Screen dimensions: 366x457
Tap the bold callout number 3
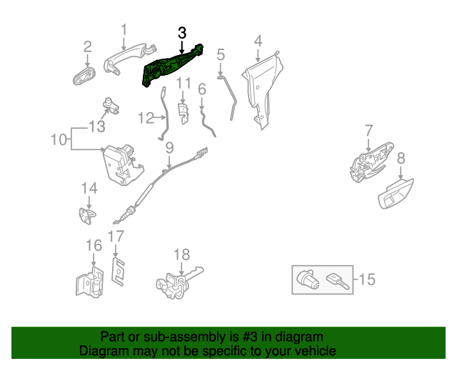(182, 33)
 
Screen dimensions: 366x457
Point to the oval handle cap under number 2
(84, 74)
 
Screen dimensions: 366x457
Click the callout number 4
(258, 40)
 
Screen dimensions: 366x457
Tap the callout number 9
(170, 149)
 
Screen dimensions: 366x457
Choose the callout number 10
(58, 138)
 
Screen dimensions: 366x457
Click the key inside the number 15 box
(336, 280)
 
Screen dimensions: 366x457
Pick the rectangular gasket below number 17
(119, 269)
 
